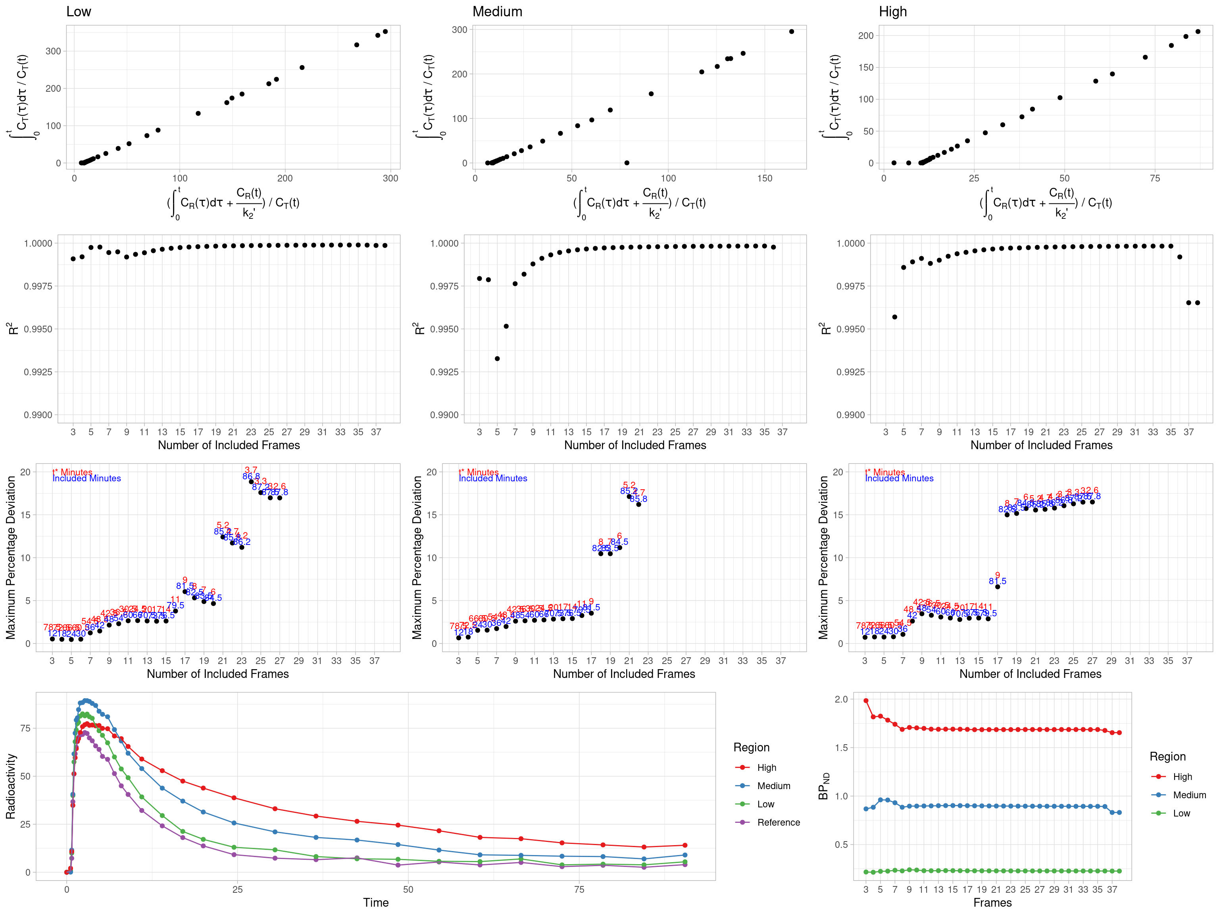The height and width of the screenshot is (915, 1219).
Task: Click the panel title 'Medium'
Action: pos(497,12)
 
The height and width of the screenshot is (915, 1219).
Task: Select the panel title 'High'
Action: pos(893,12)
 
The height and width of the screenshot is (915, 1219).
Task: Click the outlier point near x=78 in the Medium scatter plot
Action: pos(627,163)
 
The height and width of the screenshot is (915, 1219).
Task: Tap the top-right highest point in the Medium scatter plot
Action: pos(791,31)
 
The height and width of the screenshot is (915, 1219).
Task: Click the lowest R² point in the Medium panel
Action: pos(497,359)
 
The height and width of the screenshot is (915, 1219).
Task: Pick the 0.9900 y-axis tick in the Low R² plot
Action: pos(38,415)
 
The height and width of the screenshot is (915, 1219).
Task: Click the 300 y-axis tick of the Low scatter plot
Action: pos(54,51)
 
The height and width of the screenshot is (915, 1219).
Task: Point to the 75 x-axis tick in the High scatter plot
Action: pos(1155,178)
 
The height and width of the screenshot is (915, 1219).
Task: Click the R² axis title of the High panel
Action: pos(825,329)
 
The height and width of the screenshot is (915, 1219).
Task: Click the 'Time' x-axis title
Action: pos(376,902)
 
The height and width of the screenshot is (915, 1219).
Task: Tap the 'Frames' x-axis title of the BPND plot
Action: pos(992,902)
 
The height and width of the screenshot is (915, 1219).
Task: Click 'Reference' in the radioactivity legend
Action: pos(778,822)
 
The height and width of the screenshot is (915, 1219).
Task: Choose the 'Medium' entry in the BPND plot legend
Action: pos(1189,795)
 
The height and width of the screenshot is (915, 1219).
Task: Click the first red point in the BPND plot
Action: pos(866,701)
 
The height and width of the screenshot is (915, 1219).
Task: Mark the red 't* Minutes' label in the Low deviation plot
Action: pos(73,472)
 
